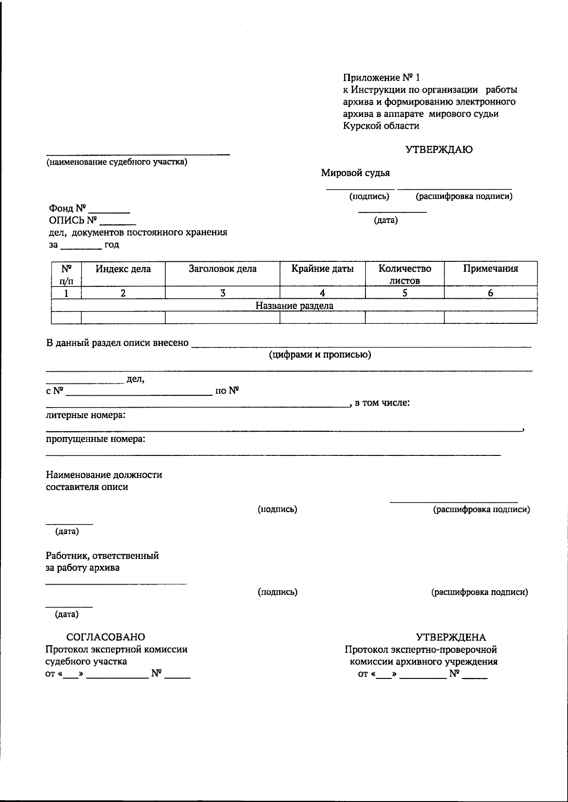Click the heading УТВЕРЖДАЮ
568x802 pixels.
(439, 150)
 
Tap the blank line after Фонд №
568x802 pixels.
(109, 211)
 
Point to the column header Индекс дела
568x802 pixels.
(123, 269)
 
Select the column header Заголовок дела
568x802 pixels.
(222, 269)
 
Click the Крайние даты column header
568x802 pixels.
(322, 269)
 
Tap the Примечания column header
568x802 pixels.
(490, 269)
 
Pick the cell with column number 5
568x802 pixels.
(405, 293)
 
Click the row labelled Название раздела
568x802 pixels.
(294, 305)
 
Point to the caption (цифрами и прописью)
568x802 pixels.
(320, 355)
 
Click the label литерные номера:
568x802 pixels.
(86, 415)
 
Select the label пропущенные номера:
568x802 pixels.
(96, 439)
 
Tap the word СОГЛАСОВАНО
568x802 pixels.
(106, 637)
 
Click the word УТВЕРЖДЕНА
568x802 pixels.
(451, 637)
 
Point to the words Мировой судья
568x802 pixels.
(355, 173)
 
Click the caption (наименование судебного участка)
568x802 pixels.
(116, 162)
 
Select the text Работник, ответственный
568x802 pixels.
(102, 555)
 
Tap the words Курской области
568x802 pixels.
(381, 126)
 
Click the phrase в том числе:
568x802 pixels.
(382, 403)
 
